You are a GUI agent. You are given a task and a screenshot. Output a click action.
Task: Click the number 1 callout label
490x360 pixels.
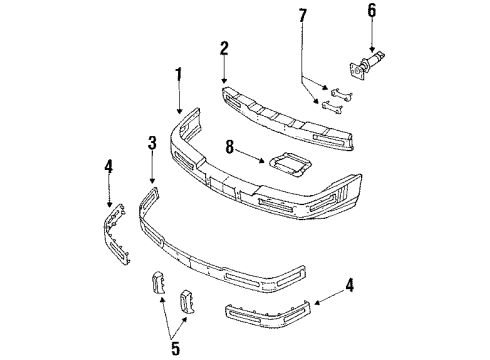180,75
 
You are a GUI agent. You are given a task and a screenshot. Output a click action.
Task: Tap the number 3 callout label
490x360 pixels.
152,142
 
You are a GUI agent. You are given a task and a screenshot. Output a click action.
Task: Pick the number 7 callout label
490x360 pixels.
303,15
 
